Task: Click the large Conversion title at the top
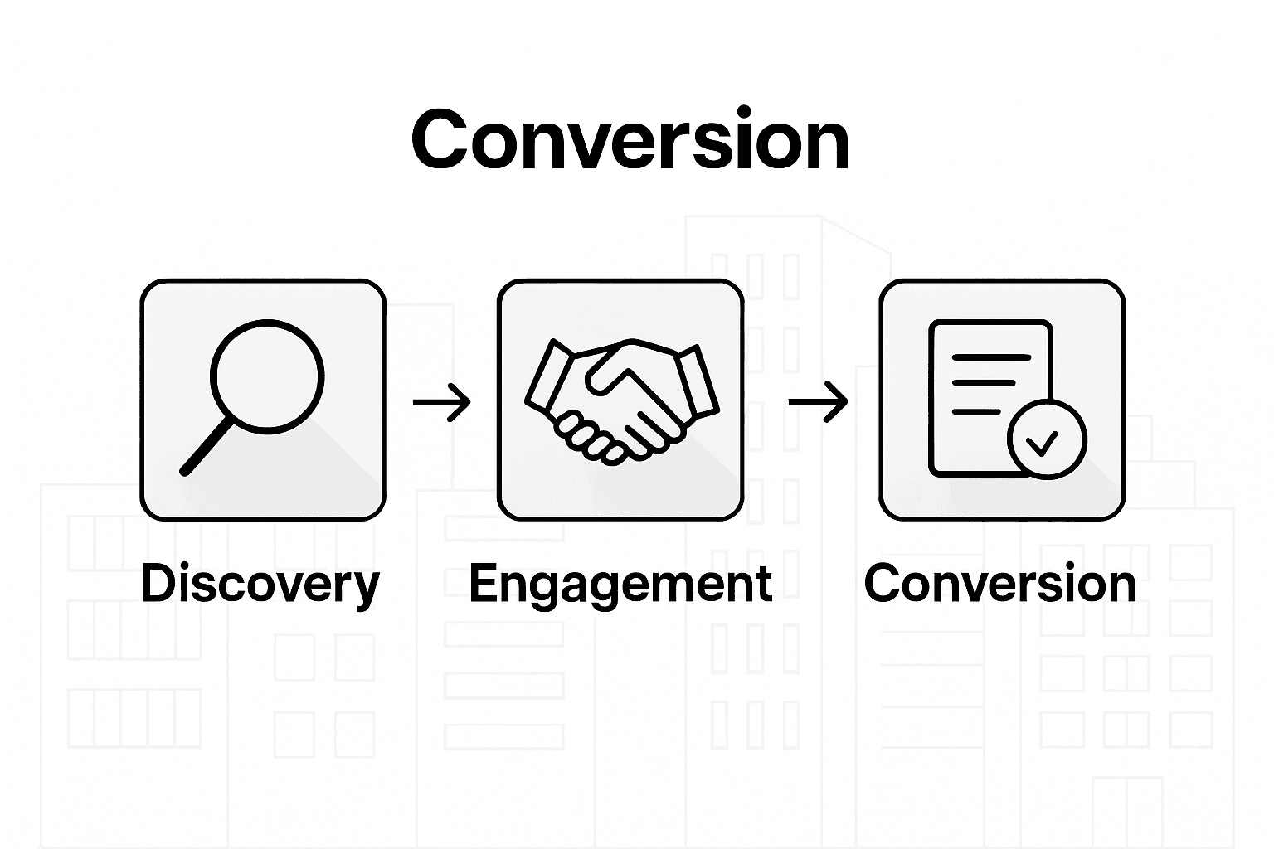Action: [x=630, y=141]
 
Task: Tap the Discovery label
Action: [x=260, y=584]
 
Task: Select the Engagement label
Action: [x=620, y=584]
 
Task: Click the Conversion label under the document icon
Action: [x=1000, y=584]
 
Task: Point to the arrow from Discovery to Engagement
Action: [x=441, y=402]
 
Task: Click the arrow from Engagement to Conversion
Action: [x=818, y=402]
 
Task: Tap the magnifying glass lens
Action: [x=266, y=376]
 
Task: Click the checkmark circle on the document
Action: [x=1046, y=439]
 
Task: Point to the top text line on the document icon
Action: [x=990, y=357]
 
